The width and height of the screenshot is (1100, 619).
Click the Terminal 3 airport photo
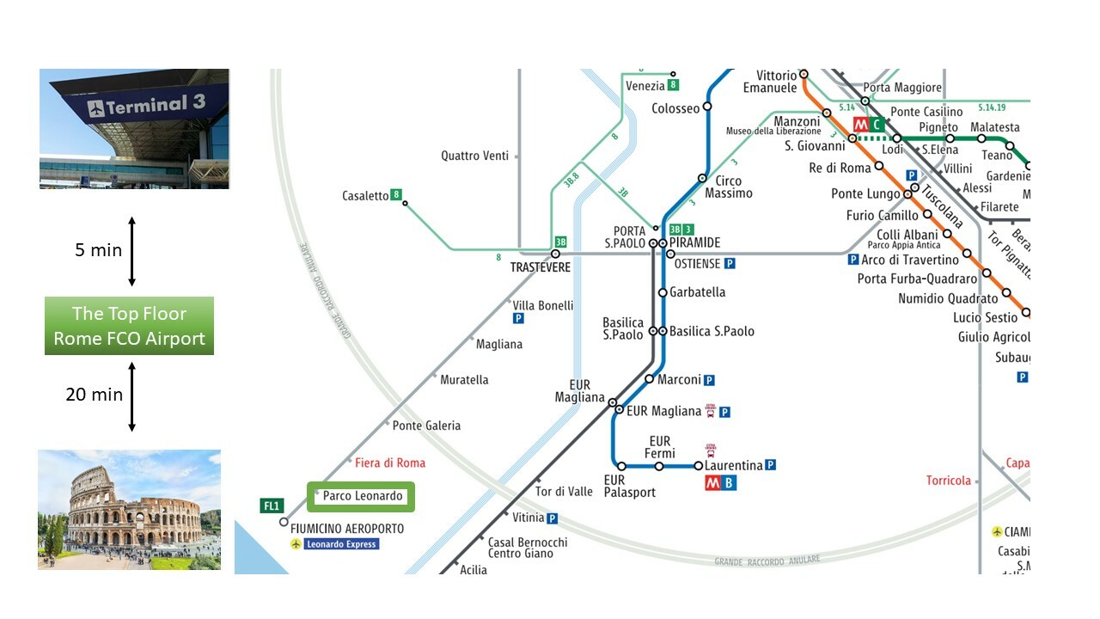(x=134, y=128)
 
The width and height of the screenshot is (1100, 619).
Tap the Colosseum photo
(x=129, y=509)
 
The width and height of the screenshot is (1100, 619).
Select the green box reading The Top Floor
(x=129, y=326)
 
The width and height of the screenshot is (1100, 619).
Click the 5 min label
(x=99, y=250)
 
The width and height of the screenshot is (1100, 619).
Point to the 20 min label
(x=95, y=395)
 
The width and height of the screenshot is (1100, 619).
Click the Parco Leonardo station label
(x=362, y=496)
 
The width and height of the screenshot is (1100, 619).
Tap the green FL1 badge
(x=272, y=506)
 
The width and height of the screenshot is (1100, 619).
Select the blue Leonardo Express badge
(x=341, y=544)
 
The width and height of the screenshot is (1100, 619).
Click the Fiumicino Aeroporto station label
(x=347, y=529)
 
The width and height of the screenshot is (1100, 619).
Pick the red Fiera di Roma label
(x=390, y=463)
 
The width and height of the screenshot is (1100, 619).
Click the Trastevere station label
(x=541, y=267)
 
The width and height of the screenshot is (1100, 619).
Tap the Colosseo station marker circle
(x=707, y=107)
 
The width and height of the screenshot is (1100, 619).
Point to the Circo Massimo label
(x=728, y=187)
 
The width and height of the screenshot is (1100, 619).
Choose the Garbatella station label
(x=697, y=292)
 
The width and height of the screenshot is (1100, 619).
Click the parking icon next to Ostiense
(x=730, y=264)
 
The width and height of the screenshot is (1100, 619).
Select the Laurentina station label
(x=733, y=465)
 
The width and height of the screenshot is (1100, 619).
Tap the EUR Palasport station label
(x=629, y=487)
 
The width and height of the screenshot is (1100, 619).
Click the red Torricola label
(x=948, y=481)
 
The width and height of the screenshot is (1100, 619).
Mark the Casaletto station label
(x=365, y=196)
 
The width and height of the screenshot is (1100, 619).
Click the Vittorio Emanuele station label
(x=770, y=82)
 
